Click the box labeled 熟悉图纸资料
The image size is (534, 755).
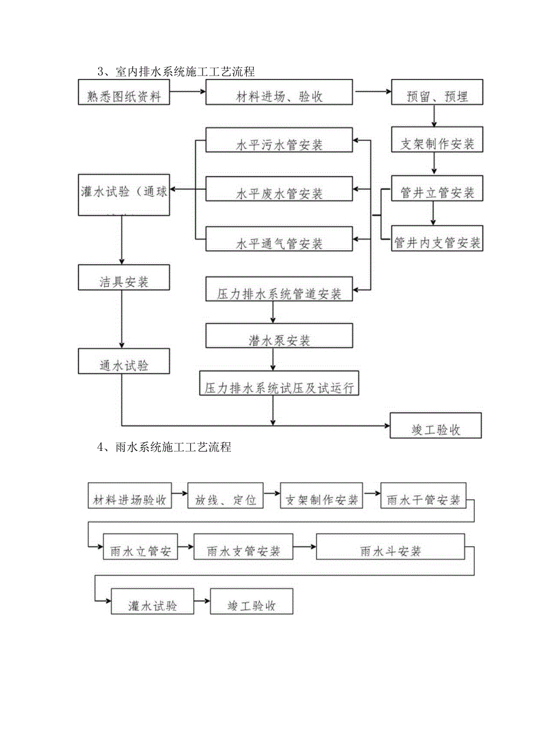click(124, 93)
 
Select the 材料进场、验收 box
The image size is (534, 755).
click(279, 93)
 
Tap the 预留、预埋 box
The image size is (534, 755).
click(437, 93)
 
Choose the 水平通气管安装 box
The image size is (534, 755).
click(279, 240)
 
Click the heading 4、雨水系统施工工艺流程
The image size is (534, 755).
click(165, 447)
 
